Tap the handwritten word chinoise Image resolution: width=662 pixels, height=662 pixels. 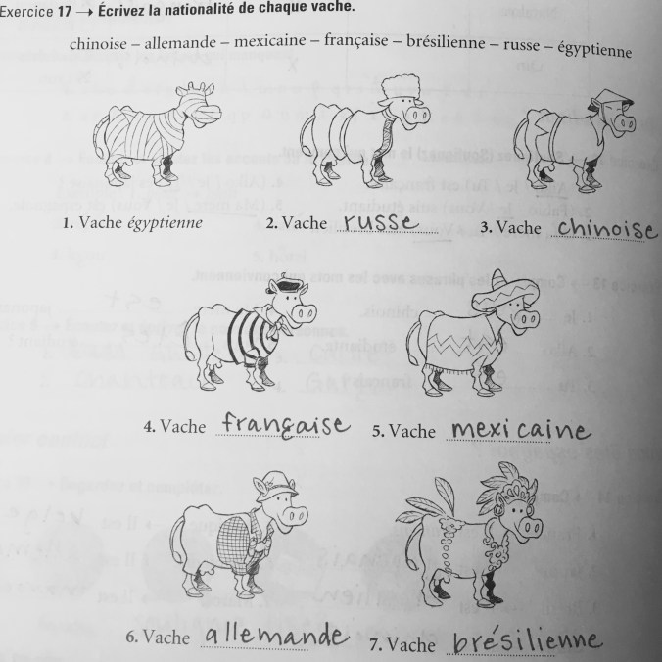(x=607, y=229)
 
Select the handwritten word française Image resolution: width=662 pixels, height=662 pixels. (x=286, y=425)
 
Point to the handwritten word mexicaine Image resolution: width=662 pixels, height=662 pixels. (x=520, y=429)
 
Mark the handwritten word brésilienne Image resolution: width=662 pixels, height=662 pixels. (x=527, y=642)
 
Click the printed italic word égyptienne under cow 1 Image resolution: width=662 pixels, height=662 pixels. (x=165, y=223)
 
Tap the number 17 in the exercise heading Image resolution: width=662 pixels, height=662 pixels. (x=65, y=12)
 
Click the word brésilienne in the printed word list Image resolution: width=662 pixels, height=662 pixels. (x=446, y=42)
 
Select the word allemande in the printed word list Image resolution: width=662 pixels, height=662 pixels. (x=180, y=43)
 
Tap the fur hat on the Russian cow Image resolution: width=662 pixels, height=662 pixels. (x=400, y=89)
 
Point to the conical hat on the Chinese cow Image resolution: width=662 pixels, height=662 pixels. (x=612, y=101)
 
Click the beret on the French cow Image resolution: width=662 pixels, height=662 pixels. (x=287, y=286)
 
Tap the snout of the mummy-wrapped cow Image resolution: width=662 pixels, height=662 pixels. (x=209, y=114)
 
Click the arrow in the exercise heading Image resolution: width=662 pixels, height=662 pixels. (x=84, y=12)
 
